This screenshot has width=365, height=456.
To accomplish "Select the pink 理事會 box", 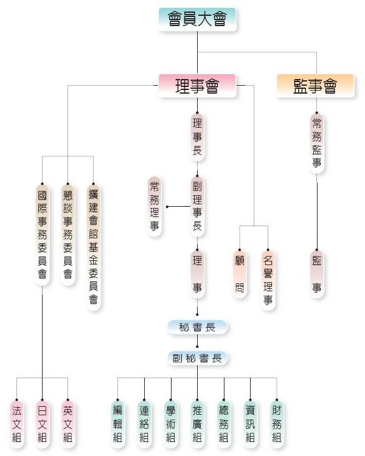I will click(x=196, y=86).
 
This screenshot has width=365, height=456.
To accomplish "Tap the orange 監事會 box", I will click(x=315, y=86).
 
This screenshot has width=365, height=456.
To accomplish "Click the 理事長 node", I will click(x=197, y=137).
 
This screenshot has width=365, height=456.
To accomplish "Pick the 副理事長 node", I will click(x=197, y=207).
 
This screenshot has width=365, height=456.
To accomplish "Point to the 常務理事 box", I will click(x=155, y=206).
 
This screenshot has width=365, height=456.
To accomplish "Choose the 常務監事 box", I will click(x=316, y=142).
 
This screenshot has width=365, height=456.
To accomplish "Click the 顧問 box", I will click(x=240, y=274).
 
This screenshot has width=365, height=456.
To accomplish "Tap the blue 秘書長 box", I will click(x=197, y=327).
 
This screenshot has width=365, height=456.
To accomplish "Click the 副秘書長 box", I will click(x=197, y=358).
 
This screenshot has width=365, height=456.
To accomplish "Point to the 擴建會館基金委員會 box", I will click(x=93, y=246).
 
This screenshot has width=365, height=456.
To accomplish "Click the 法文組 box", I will click(x=16, y=423).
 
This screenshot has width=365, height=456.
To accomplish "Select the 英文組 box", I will click(x=68, y=423).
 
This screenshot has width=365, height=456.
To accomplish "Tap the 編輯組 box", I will click(x=117, y=423).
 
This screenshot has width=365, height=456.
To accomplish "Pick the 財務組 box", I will click(x=277, y=423).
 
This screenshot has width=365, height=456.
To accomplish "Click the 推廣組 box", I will click(x=197, y=423).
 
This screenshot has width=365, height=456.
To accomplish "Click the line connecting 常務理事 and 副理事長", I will click(x=176, y=207).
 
